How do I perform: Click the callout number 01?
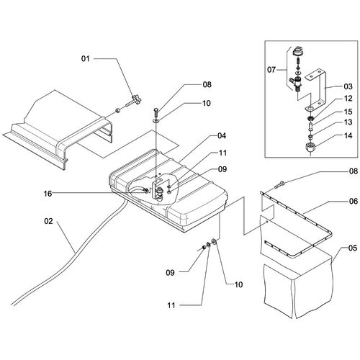85,58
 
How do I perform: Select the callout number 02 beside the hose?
48,221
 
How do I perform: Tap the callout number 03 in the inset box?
348,86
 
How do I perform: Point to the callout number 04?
222,136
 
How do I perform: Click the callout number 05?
353,248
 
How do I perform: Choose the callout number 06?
354,201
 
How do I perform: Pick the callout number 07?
271,70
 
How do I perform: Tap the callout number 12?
348,99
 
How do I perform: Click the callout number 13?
348,122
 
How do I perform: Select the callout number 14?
348,135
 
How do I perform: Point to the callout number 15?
348,112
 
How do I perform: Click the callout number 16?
48,194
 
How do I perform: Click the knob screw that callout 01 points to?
133,102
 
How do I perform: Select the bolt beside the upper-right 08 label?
279,185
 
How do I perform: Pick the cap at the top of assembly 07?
298,50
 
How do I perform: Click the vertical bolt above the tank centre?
156,112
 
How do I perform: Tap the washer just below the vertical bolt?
156,120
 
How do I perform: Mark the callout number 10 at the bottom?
238,284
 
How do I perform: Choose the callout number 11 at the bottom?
171,305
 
